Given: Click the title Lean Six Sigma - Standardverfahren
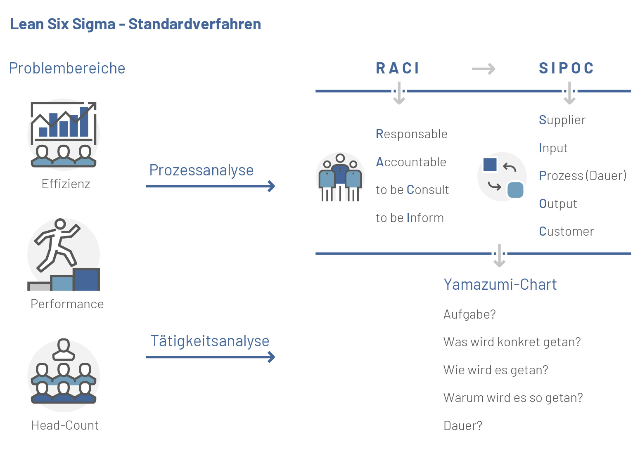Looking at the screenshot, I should pos(135,24).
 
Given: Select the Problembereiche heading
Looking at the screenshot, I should pos(67,69).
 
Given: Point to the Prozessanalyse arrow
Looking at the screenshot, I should pos(211,186).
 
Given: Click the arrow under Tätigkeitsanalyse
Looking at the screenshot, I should pos(211,357).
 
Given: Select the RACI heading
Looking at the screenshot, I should pos(398,69).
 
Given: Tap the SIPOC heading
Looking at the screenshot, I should pos(567,69).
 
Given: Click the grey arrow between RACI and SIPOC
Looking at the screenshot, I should pos(484,69).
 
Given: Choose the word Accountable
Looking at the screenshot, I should pos(411,162).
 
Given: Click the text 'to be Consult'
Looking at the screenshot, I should pos(412,190).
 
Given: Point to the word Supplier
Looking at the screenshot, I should pos(562,120).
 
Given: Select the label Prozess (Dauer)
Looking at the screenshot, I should pos(583,176).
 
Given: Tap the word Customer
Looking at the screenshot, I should pos(567,232).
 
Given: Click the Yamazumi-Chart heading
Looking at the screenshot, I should pos(500,285).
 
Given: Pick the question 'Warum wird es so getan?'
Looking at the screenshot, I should pos(513,398).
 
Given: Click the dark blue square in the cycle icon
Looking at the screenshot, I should pos(490,165).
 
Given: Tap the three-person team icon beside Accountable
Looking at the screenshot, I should pos(340,177).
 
